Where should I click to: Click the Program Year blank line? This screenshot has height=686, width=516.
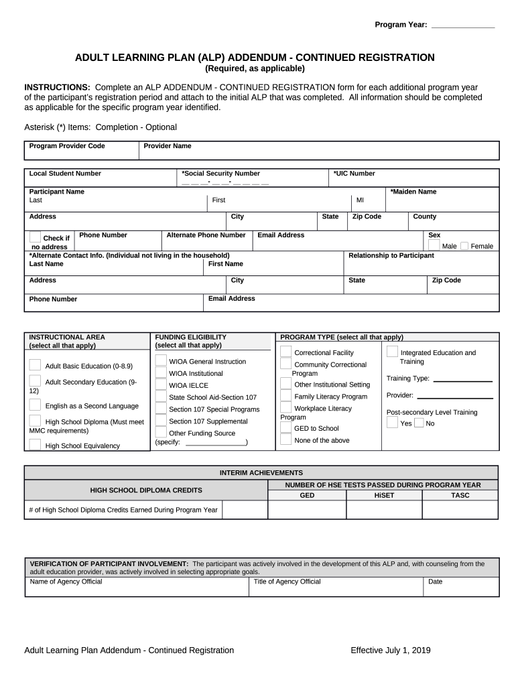[462, 25]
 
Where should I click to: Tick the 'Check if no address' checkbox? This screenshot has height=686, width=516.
[35, 237]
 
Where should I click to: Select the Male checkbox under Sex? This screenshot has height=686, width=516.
[434, 246]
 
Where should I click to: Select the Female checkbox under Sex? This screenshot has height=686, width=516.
[464, 246]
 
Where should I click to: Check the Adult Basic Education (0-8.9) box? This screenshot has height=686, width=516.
[35, 365]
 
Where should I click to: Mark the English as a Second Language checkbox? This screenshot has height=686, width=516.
[35, 405]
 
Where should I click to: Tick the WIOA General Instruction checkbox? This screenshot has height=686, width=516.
[161, 360]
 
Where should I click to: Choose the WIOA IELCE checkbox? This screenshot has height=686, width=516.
[161, 385]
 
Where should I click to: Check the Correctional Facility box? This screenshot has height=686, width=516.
[286, 352]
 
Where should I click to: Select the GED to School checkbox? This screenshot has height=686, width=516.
[286, 427]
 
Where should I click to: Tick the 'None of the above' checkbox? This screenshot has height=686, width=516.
[286, 439]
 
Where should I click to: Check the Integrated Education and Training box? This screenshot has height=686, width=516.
[392, 352]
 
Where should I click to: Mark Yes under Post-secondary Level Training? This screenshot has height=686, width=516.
[392, 423]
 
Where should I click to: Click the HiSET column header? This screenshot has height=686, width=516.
[384, 496]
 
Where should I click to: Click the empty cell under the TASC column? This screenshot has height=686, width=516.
[460, 510]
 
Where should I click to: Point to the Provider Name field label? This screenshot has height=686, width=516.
[168, 146]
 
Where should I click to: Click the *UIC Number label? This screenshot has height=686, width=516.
[354, 174]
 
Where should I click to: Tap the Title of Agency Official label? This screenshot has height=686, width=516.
[287, 581]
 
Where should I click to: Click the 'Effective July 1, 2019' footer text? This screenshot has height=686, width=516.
[391, 650]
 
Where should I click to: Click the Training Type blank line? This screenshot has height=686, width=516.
[462, 380]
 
